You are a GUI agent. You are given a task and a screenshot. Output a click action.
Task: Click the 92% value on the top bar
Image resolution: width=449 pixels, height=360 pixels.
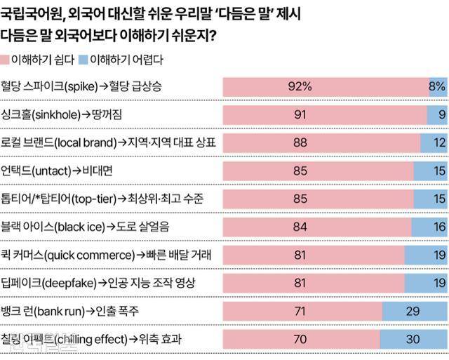(x=300, y=87)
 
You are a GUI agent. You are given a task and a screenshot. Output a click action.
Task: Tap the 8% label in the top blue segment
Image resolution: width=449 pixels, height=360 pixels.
(x=436, y=87)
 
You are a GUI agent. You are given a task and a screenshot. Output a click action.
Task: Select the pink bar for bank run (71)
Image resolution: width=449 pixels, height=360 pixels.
(x=302, y=310)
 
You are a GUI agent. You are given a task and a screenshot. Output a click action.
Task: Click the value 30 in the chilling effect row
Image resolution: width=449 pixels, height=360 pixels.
(x=414, y=338)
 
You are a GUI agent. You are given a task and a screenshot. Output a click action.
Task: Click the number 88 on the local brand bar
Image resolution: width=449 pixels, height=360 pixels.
(x=300, y=142)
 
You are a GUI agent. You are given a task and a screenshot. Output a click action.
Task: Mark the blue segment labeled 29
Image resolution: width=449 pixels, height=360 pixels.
(x=415, y=310)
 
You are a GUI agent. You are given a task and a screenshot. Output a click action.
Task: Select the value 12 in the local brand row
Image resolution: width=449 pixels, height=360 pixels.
(x=436, y=142)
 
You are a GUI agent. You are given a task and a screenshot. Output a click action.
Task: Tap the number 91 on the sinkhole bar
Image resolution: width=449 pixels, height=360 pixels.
(x=300, y=115)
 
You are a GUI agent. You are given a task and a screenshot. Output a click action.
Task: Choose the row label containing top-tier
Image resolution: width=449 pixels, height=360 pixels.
(x=102, y=199)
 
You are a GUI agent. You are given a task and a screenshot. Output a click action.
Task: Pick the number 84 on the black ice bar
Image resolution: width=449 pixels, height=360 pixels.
(x=300, y=227)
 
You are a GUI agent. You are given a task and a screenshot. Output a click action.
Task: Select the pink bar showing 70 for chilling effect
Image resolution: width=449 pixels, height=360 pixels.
(x=301, y=338)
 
